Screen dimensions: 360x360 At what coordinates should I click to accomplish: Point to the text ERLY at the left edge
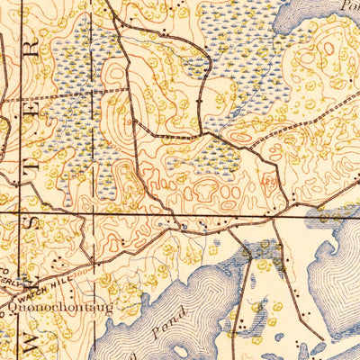12,281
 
